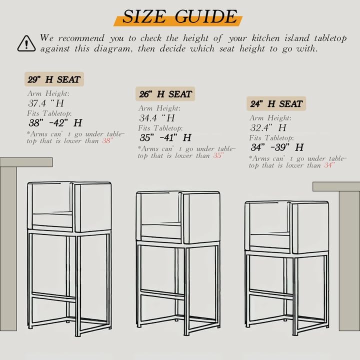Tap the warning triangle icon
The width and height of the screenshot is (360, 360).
pos(26,43)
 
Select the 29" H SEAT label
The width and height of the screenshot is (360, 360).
pos(54,79)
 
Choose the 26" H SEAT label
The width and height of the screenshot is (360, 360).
pos(165,94)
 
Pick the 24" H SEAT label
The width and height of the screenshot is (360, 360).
pos(276,104)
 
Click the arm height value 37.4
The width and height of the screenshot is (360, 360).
pos(37,103)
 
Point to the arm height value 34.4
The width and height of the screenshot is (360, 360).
pos(148,118)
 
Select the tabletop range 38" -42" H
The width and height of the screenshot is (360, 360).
pos(55,123)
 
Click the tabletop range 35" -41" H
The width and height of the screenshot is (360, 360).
pos(165,137)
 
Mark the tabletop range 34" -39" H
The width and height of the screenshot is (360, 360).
pos(277,147)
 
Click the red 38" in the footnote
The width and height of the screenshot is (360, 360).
pos(107,140)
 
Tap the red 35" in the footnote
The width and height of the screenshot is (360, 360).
pos(218,155)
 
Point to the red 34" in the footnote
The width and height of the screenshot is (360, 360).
pos(329,165)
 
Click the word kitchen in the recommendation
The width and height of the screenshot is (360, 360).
pos(265,38)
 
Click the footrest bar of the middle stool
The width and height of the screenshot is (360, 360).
pos(162,294)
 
